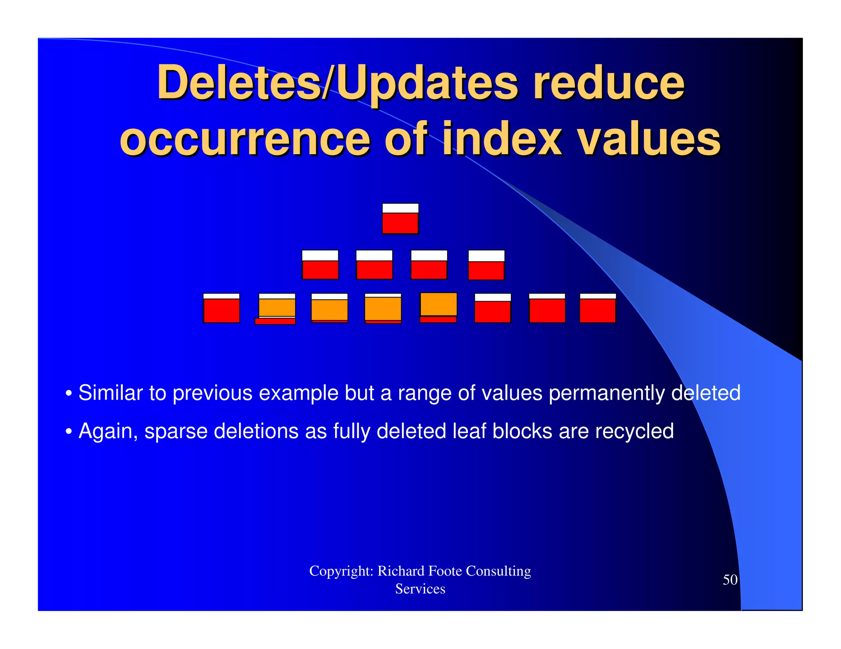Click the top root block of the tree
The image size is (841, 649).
point(400,219)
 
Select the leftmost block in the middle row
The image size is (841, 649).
point(320,265)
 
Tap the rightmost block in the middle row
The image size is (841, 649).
point(487,265)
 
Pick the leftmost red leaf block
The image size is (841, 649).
point(221,308)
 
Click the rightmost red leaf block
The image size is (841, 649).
point(598,308)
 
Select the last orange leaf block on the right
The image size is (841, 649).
point(439,306)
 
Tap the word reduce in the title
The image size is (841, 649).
point(609,83)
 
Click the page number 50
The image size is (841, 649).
point(730,580)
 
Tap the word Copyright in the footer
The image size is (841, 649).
point(341,571)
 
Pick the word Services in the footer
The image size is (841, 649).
point(420,589)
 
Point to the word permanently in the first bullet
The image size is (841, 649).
point(606,393)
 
